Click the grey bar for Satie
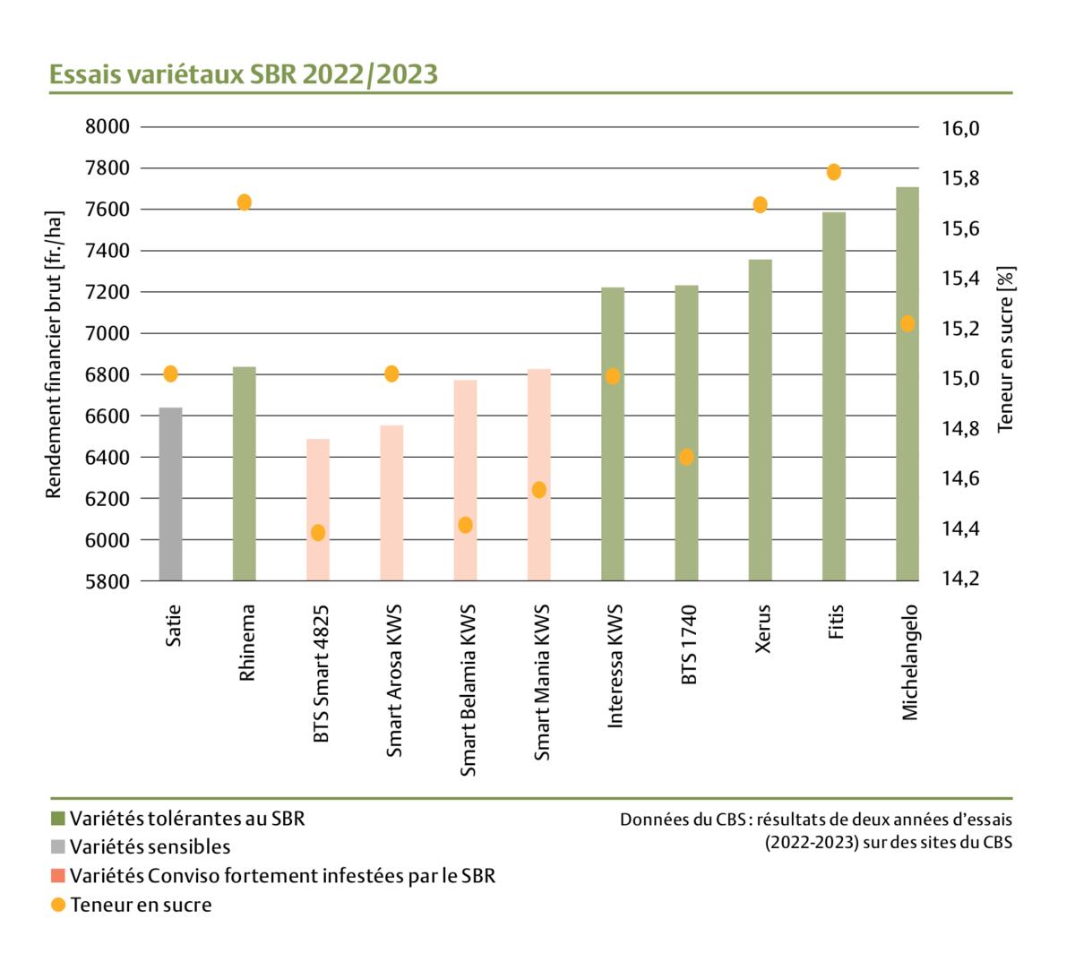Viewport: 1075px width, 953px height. click(170, 494)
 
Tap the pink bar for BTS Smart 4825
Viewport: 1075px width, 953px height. click(318, 510)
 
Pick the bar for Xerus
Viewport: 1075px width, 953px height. click(761, 420)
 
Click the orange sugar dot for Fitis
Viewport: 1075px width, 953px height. click(834, 172)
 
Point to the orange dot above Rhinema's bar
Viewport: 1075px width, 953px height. click(245, 202)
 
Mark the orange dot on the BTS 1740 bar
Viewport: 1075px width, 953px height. click(686, 457)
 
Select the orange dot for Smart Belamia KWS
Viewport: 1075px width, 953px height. click(466, 525)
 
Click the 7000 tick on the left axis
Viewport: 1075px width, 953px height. click(107, 333)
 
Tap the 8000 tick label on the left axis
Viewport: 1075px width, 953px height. click(107, 126)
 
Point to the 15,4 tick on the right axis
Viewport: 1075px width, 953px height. click(960, 279)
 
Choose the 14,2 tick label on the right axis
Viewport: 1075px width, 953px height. click(960, 579)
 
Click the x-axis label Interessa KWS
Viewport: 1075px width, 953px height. click(615, 670)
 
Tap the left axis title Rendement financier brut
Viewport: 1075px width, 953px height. click(55, 355)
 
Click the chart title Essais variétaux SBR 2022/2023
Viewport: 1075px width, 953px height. click(244, 74)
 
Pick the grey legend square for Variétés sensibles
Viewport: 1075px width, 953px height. click(58, 846)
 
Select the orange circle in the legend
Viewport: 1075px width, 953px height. click(58, 905)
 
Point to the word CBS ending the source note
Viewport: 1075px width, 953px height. click(997, 843)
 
